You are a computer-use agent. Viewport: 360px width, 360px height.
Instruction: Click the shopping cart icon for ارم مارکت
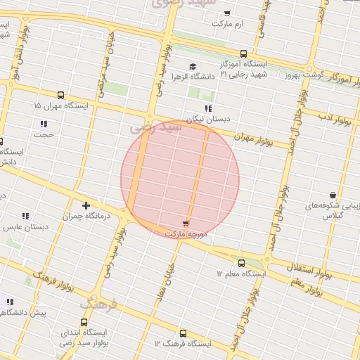pos(227,13)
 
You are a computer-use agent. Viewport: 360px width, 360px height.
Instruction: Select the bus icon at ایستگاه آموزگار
pos(243,53)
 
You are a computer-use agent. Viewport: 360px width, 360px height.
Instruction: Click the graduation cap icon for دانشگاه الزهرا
pos(193,66)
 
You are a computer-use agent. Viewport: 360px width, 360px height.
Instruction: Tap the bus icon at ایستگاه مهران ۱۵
pos(60,95)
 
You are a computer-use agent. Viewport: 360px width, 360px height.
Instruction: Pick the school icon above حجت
pos(44,124)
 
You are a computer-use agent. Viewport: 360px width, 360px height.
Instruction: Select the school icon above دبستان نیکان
pos(208,108)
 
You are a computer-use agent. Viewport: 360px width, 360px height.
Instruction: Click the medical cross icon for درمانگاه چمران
pos(86,206)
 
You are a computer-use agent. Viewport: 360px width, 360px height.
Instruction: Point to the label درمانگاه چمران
pos(86,217)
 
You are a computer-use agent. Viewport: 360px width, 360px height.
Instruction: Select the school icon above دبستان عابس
pos(25,216)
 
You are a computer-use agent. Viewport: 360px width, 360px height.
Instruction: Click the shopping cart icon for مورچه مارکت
pos(186,222)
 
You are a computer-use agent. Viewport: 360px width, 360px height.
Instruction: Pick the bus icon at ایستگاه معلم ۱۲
pos(242,263)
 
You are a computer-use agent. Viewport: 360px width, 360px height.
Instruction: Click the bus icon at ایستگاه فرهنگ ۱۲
pos(184,333)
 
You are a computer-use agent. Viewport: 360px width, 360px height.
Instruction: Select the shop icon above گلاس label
pos(332,195)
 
